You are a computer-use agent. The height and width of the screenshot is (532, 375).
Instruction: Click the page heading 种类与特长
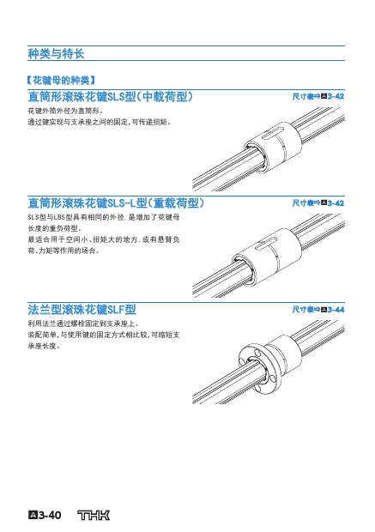(x=56, y=53)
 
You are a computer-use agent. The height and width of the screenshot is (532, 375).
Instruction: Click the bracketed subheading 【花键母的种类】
(x=61, y=81)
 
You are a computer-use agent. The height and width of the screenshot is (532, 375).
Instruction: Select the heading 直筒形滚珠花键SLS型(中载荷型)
(x=111, y=97)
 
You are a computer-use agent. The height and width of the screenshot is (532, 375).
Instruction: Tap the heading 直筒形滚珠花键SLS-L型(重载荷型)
(x=116, y=203)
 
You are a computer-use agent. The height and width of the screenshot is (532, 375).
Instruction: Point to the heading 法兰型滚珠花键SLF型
(x=82, y=310)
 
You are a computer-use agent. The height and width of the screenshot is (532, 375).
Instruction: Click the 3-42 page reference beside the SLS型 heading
(x=336, y=97)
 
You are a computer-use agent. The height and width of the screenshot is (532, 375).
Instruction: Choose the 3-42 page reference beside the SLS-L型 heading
(x=336, y=203)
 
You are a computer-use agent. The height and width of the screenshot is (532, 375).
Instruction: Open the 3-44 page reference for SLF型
(x=336, y=310)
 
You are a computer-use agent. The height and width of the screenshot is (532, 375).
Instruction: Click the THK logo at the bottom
(x=94, y=515)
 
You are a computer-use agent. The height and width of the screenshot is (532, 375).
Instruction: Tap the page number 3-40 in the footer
(x=50, y=516)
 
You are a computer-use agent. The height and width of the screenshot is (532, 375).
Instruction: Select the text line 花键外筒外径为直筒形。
(x=65, y=111)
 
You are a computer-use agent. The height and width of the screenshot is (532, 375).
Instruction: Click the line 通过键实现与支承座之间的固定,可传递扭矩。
(x=99, y=122)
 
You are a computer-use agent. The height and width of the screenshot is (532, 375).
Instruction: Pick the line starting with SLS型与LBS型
(x=104, y=217)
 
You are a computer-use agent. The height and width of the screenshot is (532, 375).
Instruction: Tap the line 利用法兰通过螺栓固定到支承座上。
(x=83, y=323)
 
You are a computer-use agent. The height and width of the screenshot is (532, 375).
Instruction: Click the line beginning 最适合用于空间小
(x=104, y=239)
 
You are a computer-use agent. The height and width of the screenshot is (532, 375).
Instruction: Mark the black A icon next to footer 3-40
(x=33, y=516)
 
